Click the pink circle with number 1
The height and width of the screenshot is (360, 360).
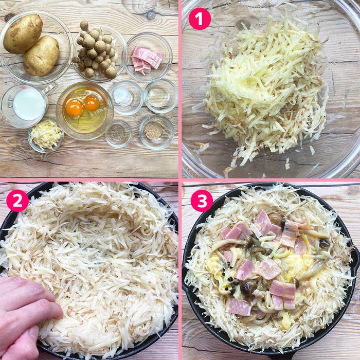(x=200, y=19)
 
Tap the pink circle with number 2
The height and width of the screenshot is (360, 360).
(x=17, y=201)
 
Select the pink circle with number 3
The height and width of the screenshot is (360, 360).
(x=202, y=201)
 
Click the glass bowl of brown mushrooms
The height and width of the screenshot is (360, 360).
(x=97, y=50)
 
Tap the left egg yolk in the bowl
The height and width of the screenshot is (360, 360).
(x=75, y=108)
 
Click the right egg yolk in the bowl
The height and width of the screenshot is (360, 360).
(x=92, y=103)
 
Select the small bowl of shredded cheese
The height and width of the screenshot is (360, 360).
(x=46, y=135)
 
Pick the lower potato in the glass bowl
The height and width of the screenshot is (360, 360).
(x=41, y=57)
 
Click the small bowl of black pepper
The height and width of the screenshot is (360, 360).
(x=118, y=133)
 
